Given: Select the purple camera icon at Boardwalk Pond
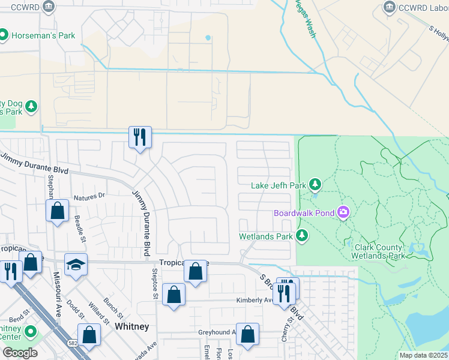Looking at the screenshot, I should tap(343, 212).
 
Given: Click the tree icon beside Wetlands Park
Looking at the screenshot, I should tap(303, 236).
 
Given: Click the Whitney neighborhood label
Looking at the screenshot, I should tap(131, 326).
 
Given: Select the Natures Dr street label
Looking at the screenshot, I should tap(89, 196).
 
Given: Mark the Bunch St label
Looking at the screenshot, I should tap(114, 307).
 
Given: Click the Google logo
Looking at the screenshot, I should tap(20, 353).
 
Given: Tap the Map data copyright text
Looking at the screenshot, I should tap(423, 355).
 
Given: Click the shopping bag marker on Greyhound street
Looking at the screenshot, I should tap(247, 334).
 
